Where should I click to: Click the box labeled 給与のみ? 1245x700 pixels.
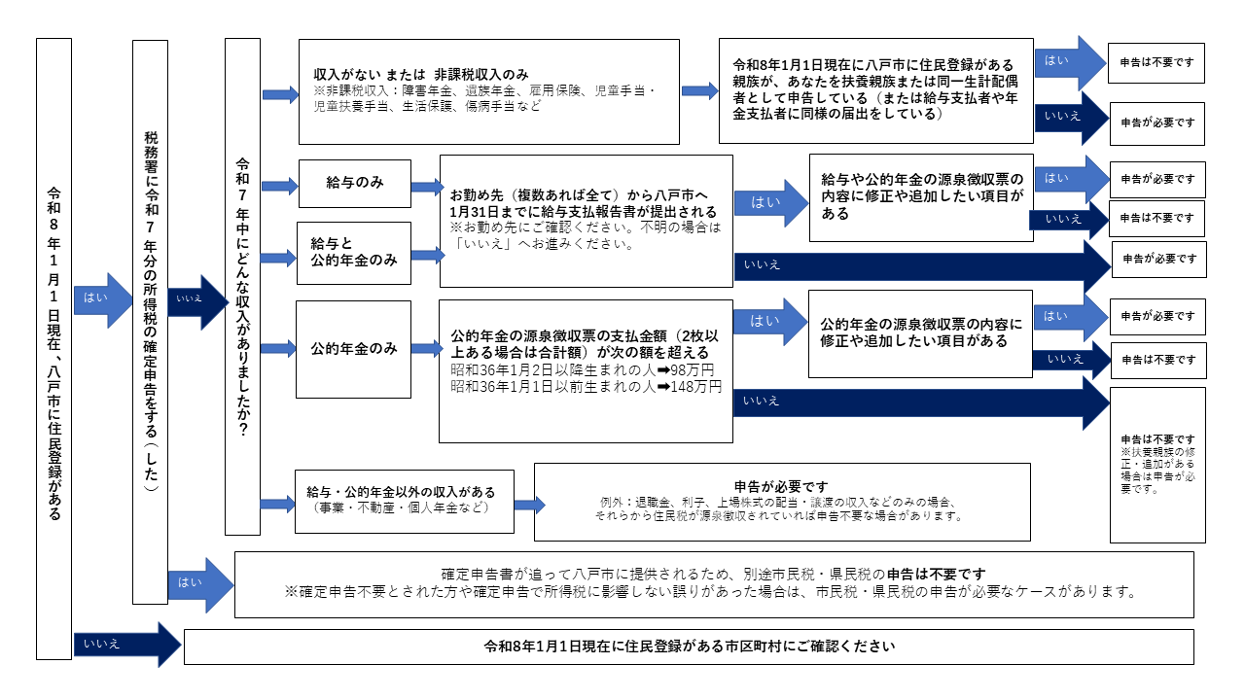[355, 184]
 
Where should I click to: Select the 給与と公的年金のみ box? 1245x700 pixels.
[354, 253]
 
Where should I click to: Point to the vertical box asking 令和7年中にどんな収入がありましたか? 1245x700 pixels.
[242, 287]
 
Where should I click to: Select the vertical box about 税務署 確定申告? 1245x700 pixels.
[150, 321]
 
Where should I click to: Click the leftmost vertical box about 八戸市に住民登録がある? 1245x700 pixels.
[53, 349]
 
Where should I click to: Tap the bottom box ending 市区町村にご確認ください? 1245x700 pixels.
[688, 647]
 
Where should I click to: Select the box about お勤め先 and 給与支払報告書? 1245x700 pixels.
[586, 221]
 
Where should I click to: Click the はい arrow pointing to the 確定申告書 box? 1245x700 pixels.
[199, 584]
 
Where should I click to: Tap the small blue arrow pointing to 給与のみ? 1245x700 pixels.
[280, 184]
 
